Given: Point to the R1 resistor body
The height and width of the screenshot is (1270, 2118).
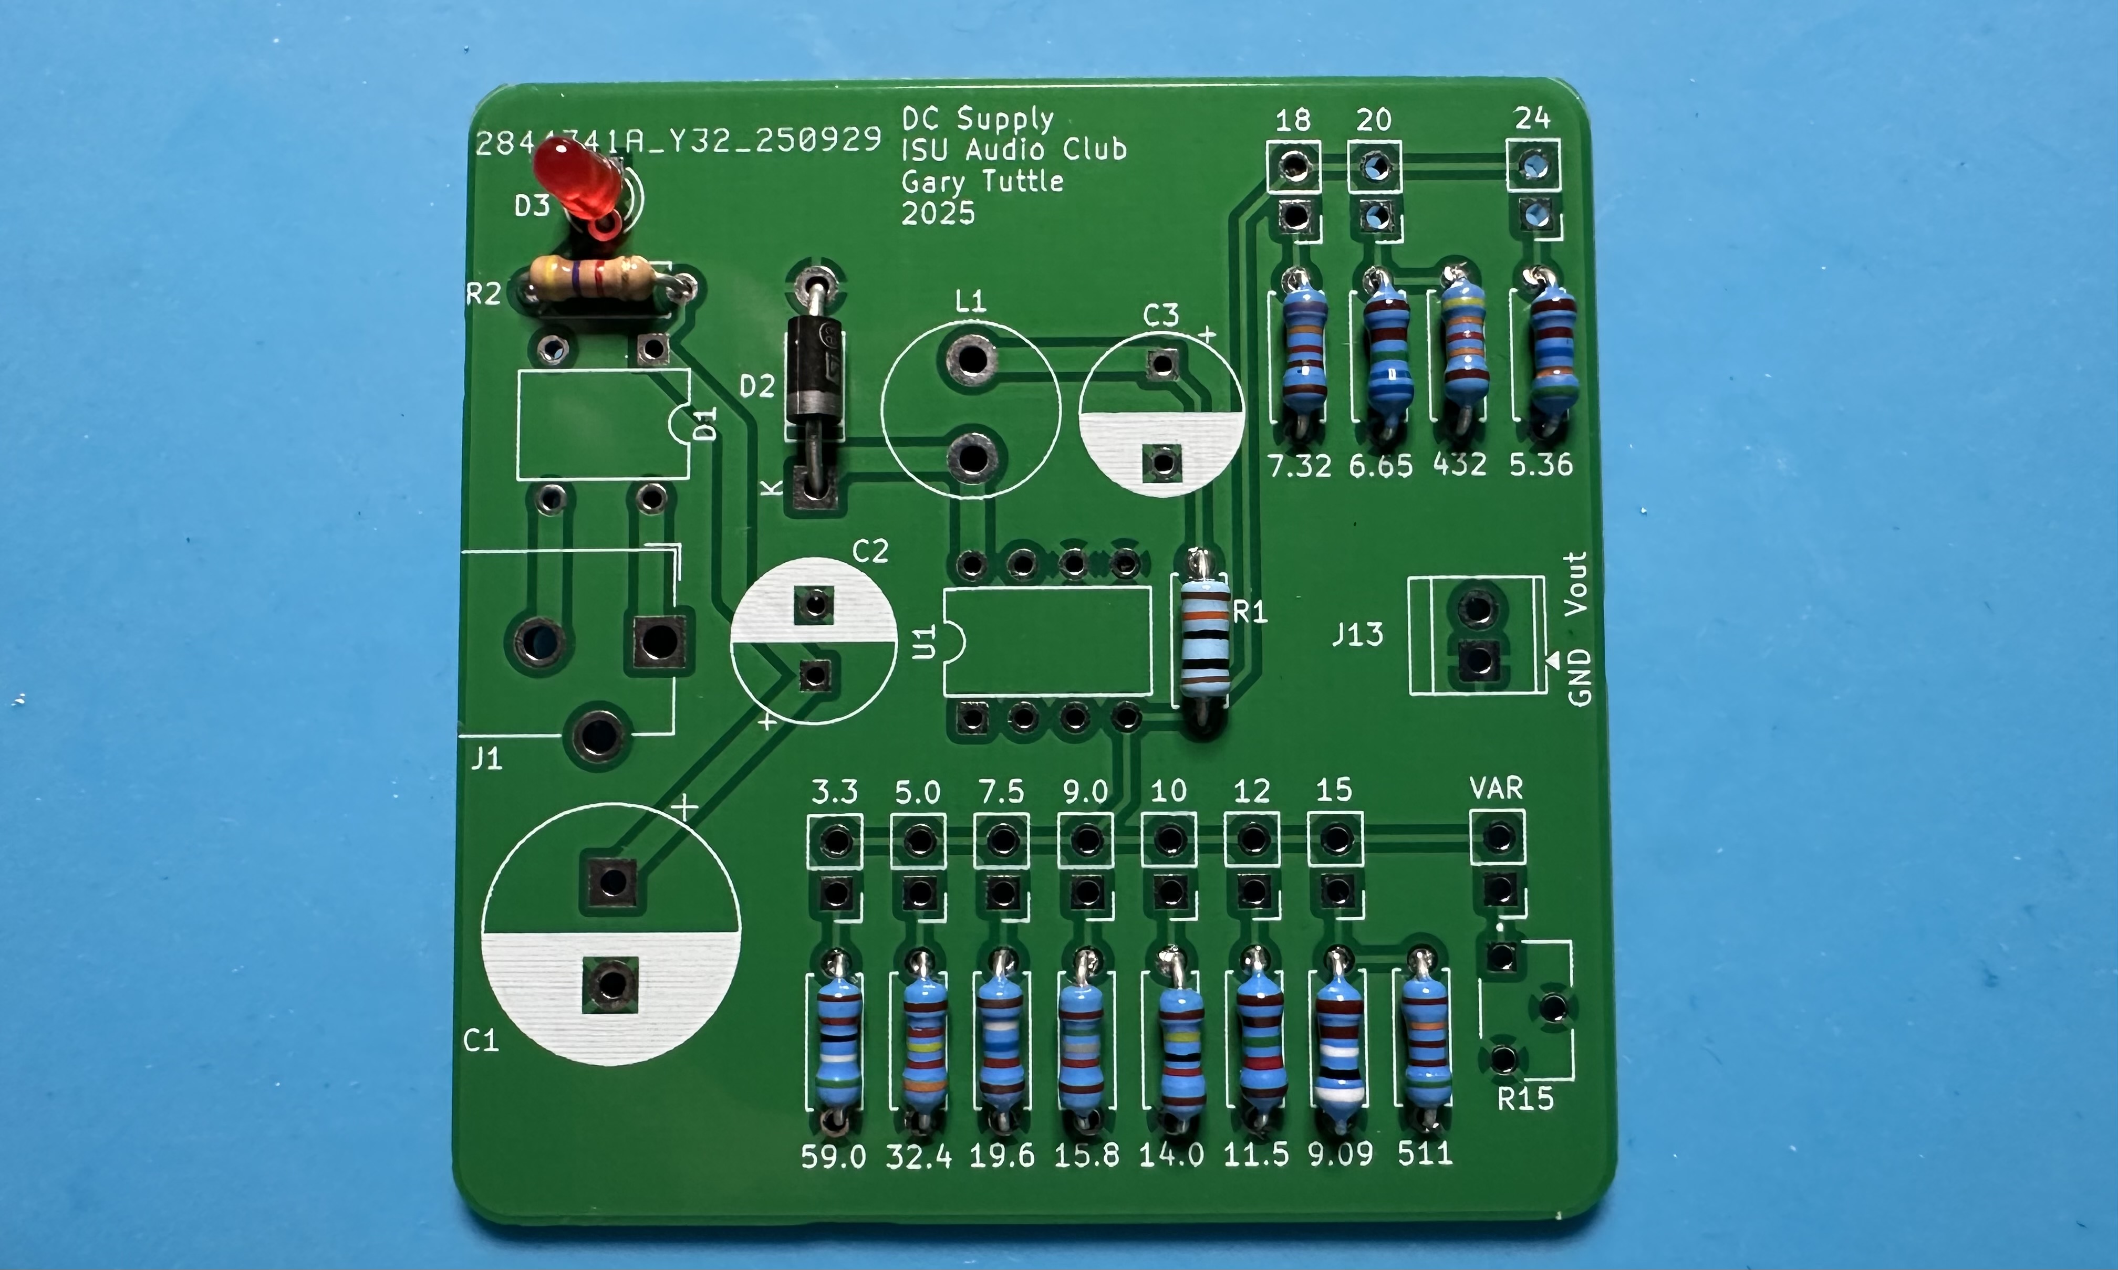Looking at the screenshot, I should point(1205,637).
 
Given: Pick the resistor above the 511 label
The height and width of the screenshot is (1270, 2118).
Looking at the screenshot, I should point(1425,1040).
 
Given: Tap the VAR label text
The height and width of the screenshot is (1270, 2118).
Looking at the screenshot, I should point(1496,788).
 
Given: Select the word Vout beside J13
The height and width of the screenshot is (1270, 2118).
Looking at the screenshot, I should point(1576,584).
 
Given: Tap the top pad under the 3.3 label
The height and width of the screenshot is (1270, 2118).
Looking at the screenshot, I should point(835,841).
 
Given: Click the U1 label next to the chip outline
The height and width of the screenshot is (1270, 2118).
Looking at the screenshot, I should point(925,642).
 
